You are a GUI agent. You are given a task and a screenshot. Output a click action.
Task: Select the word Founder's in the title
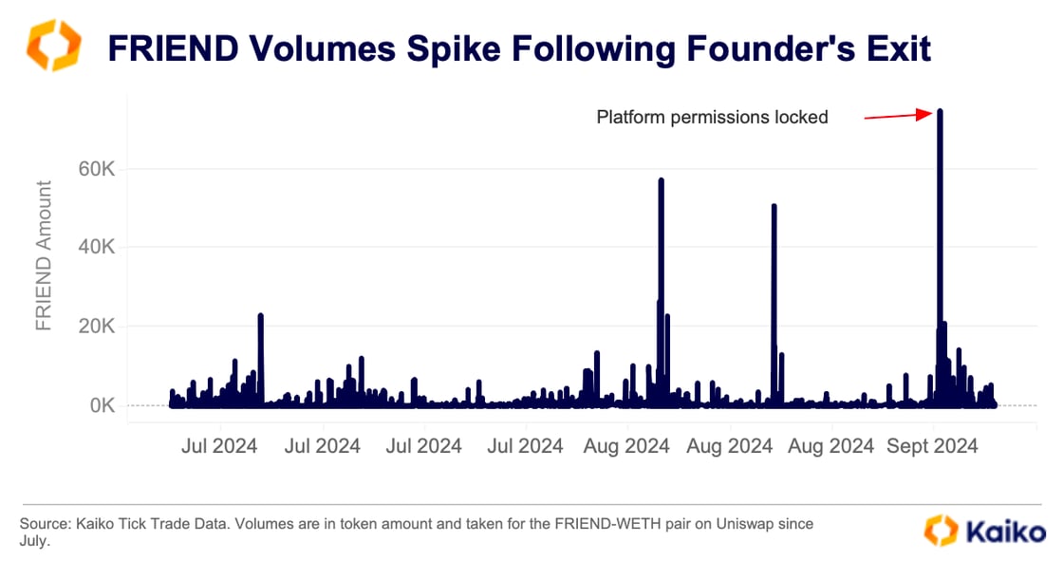pyautogui.click(x=774, y=47)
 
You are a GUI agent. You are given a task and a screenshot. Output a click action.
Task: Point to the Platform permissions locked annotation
pyautogui.click(x=712, y=118)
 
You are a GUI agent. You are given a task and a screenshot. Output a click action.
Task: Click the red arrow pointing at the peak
pyautogui.click(x=897, y=116)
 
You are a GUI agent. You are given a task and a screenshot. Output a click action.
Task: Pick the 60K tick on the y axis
pyautogui.click(x=95, y=169)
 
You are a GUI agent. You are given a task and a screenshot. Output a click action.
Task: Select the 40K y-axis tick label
pyautogui.click(x=95, y=248)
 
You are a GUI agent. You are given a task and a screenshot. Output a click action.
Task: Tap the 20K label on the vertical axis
pyautogui.click(x=95, y=327)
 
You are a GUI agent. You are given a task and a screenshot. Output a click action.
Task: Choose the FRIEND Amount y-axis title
pyautogui.click(x=44, y=255)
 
